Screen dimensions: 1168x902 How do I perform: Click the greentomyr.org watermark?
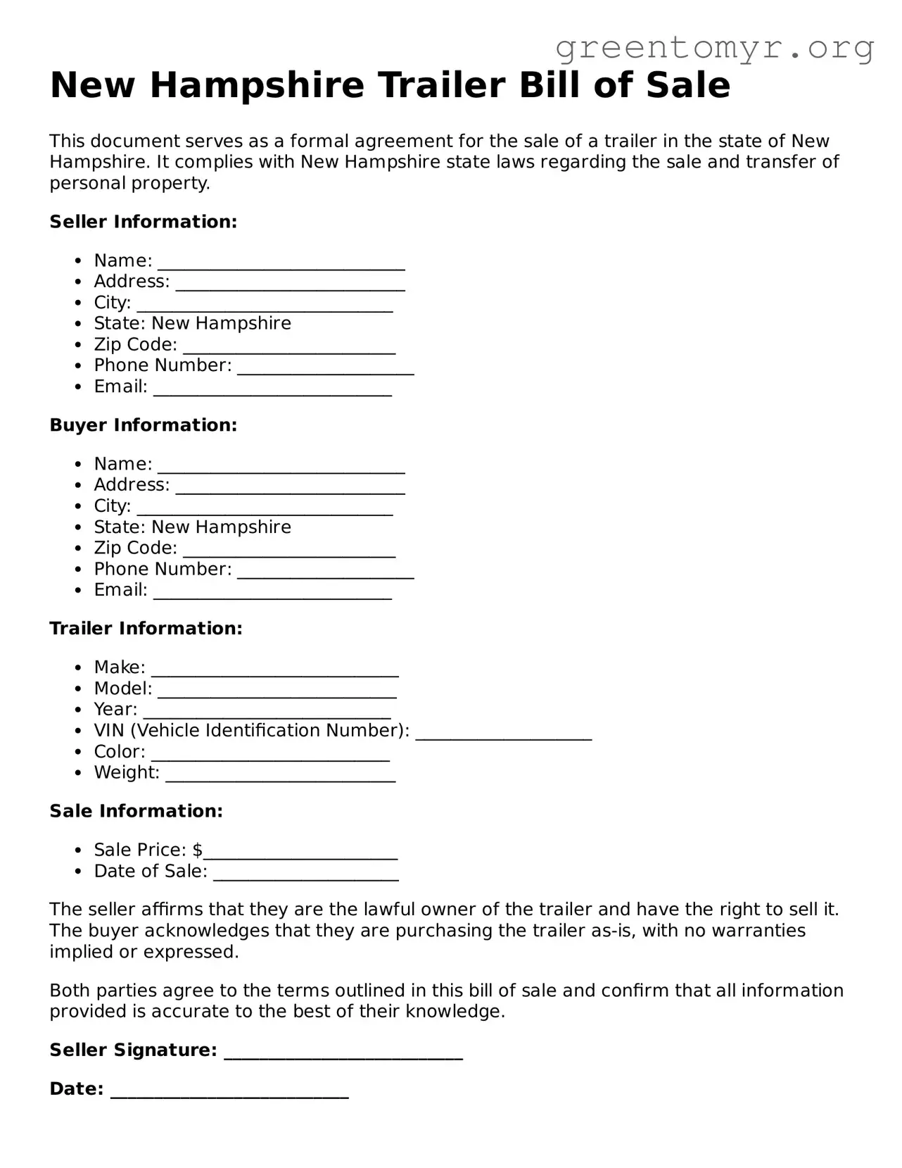click(714, 48)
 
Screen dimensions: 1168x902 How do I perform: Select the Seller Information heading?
click(144, 222)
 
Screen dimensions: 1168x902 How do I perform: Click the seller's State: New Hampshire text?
click(192, 323)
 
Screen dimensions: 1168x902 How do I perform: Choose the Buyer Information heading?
click(144, 425)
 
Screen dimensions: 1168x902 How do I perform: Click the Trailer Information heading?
click(146, 629)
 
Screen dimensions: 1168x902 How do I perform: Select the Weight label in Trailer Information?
click(126, 772)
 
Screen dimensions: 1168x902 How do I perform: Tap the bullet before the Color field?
click(79, 752)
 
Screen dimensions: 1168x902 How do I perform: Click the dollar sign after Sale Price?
click(198, 850)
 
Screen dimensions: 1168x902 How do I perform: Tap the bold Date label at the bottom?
click(76, 1089)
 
